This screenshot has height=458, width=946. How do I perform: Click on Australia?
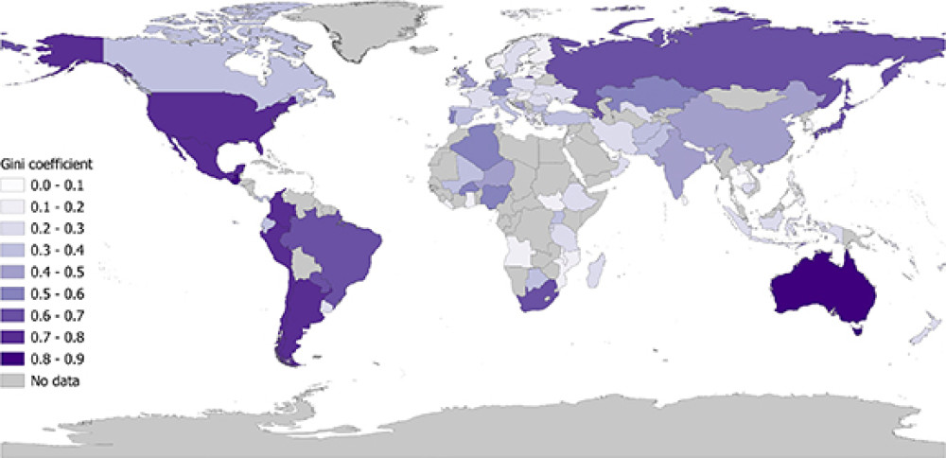coord(821,289)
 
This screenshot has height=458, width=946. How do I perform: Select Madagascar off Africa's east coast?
coord(593,273)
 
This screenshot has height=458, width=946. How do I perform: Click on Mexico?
coord(194,151)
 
